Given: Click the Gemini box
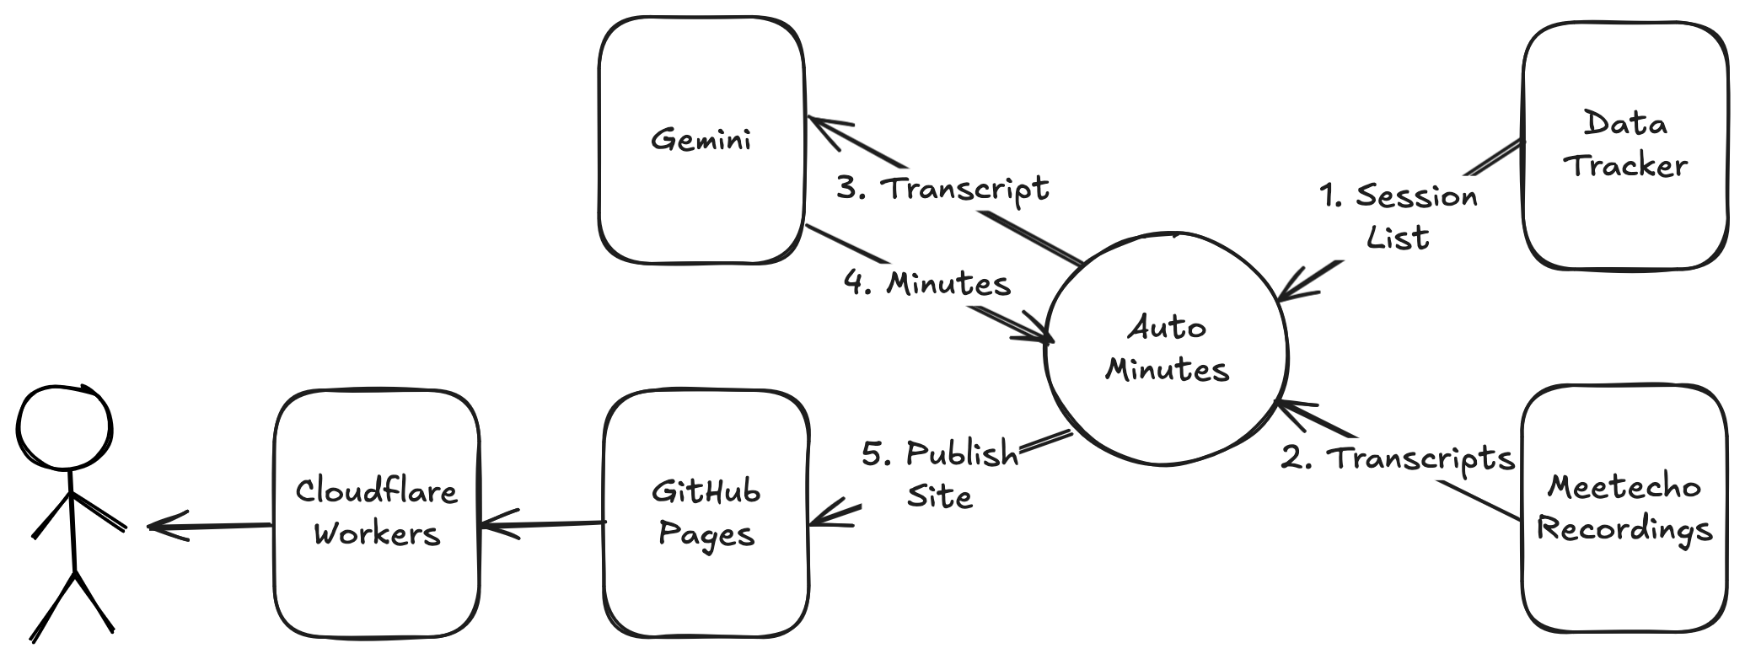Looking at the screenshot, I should [701, 139].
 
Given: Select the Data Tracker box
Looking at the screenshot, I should [1624, 145].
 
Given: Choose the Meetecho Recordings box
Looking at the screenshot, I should [1624, 508].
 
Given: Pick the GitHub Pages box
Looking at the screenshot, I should [706, 512].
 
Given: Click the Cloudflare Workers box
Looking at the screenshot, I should [376, 512].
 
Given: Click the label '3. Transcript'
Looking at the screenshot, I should [942, 188].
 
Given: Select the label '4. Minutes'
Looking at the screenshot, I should [927, 284].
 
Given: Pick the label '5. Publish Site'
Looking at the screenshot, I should [940, 474].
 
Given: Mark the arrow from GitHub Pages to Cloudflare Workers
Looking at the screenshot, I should [544, 526].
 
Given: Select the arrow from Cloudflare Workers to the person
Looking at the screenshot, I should [211, 527].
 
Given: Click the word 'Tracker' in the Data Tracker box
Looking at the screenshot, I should [1625, 166].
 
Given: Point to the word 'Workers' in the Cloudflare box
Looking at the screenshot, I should [377, 533].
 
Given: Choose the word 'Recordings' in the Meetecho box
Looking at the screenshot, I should [1624, 530].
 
